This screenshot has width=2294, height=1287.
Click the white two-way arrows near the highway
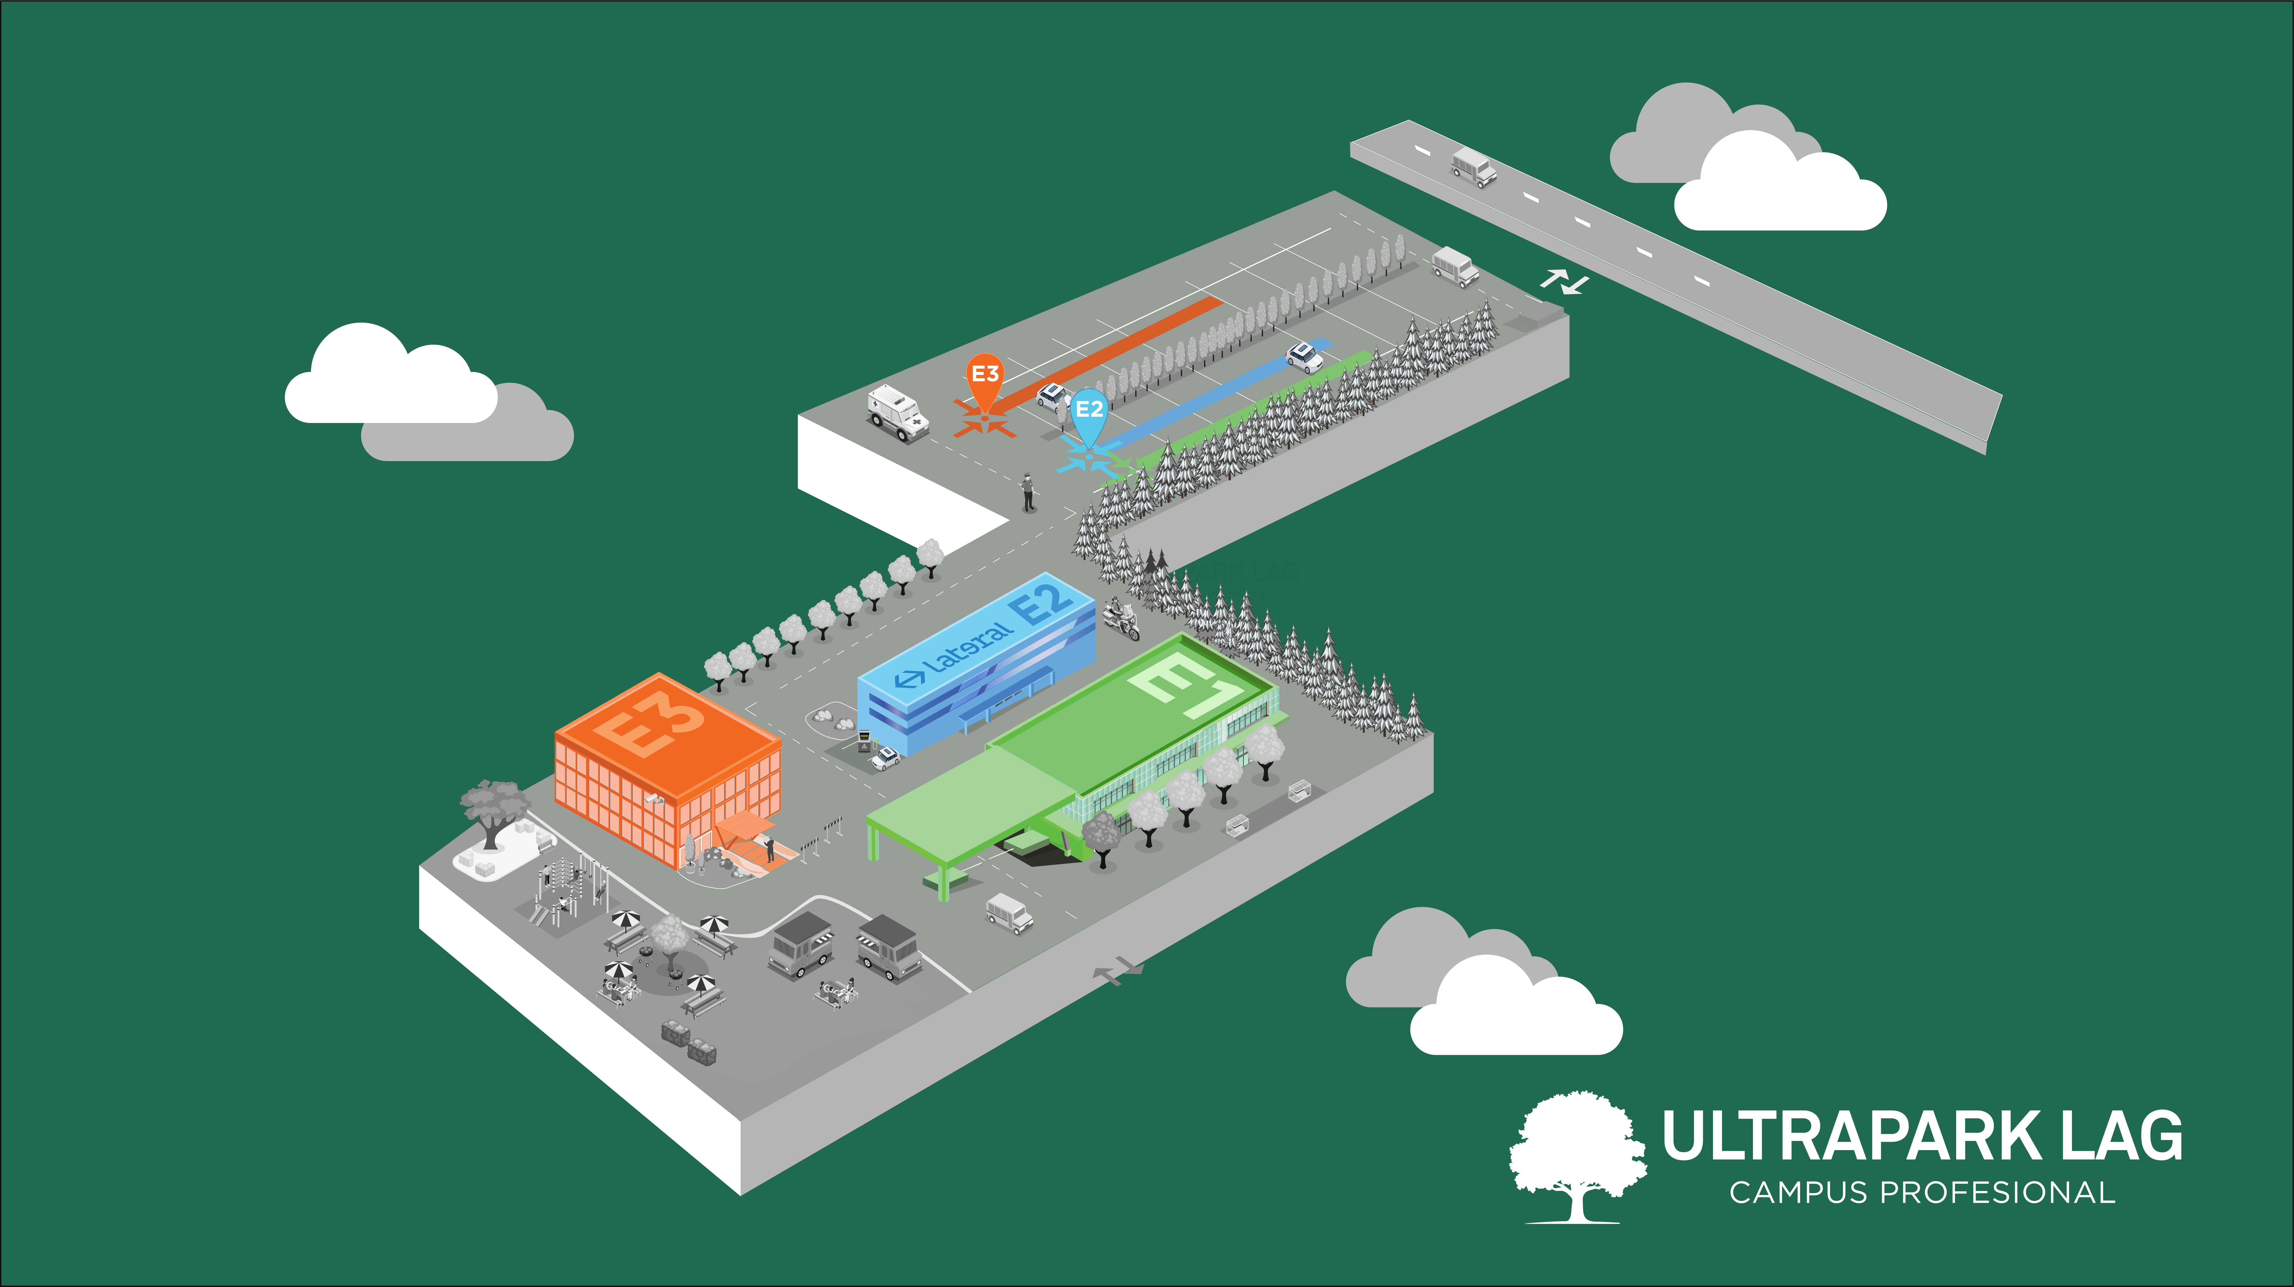(x=1565, y=282)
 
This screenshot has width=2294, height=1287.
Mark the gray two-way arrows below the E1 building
(x=1119, y=971)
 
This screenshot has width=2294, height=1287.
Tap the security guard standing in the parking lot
(x=1029, y=492)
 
